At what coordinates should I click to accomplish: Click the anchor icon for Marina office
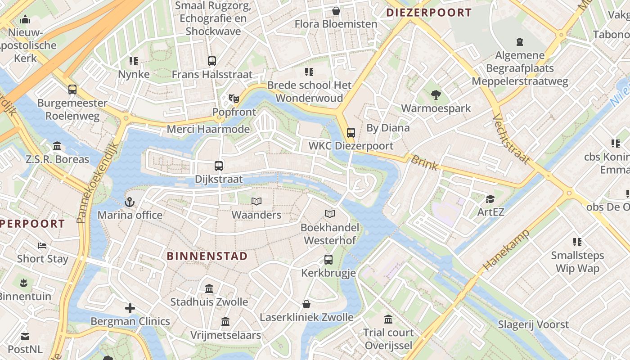click(130, 202)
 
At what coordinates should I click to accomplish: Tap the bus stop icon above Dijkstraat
click(219, 166)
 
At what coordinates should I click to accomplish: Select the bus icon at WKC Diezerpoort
click(351, 133)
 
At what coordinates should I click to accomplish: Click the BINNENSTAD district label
click(207, 256)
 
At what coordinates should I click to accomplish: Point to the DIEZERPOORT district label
click(429, 13)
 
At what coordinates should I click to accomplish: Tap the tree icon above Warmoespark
click(436, 95)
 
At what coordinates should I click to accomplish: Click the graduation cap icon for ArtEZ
click(490, 199)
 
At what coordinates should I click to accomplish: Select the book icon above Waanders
click(256, 202)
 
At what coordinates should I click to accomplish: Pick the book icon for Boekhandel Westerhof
click(330, 214)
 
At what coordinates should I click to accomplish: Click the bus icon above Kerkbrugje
click(328, 260)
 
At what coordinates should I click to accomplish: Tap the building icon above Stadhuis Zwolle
click(209, 288)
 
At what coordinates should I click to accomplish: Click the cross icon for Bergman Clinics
click(130, 308)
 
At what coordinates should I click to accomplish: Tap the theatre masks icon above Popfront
click(233, 98)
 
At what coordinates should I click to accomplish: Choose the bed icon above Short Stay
click(42, 246)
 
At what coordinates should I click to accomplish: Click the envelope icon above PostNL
click(25, 336)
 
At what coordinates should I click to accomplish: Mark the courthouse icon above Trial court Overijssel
click(388, 319)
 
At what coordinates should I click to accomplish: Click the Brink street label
click(424, 162)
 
